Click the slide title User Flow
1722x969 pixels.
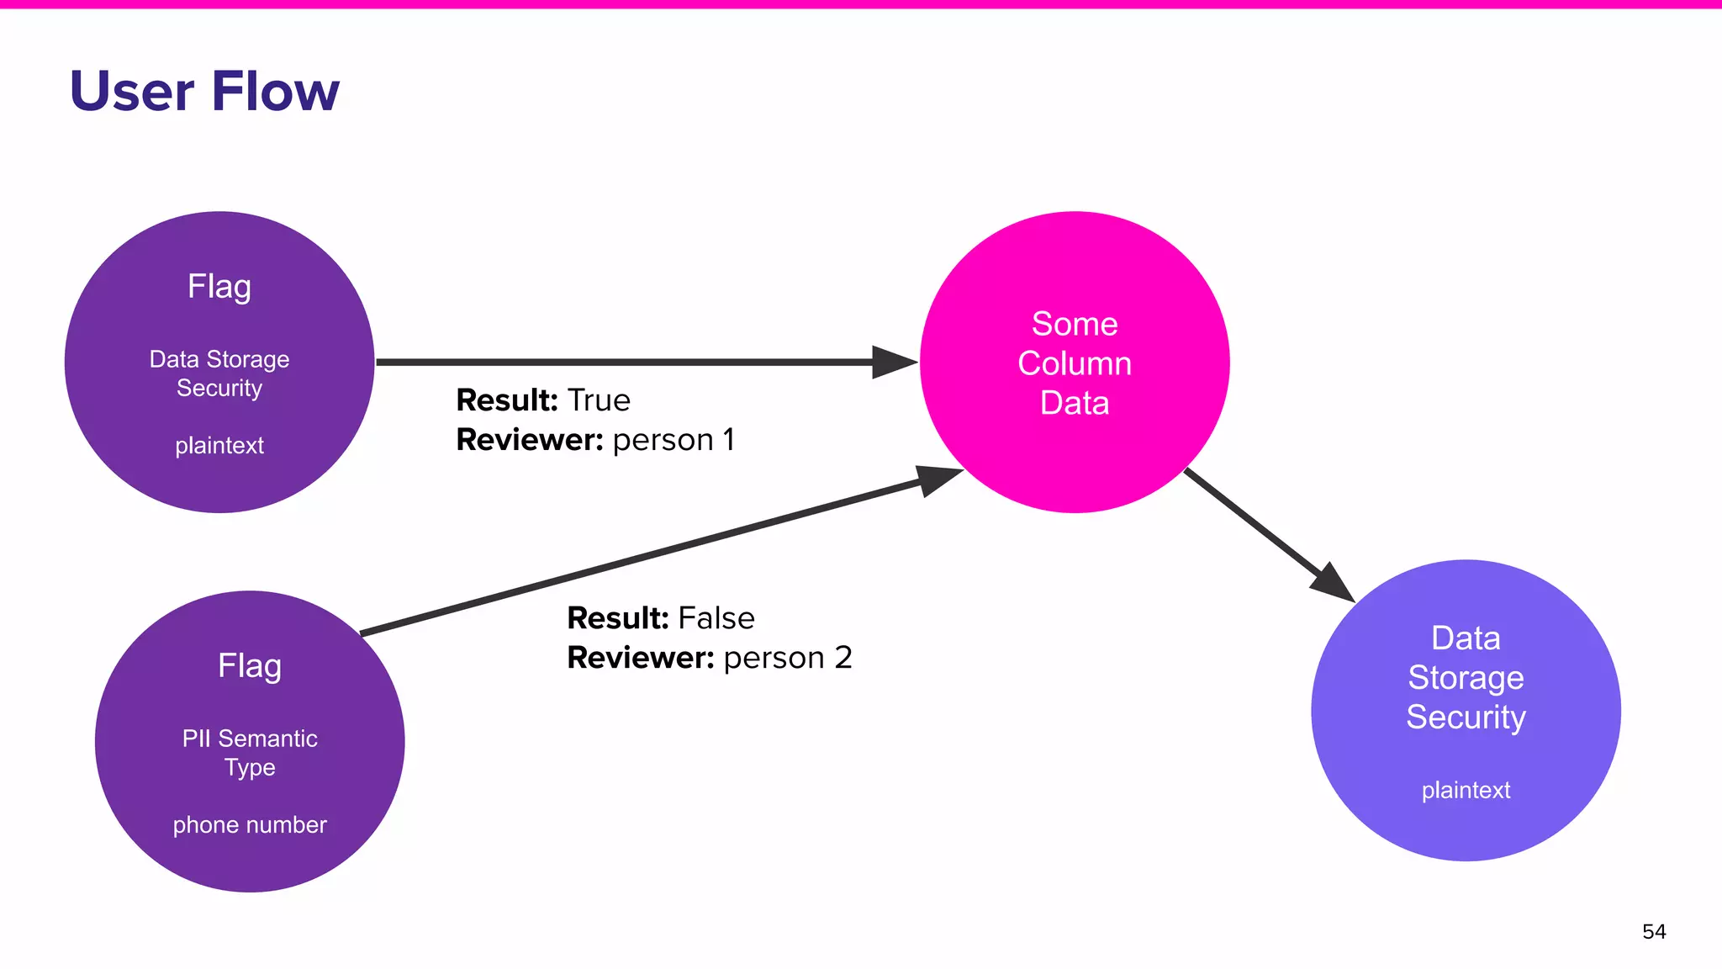(204, 91)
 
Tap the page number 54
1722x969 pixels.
(1653, 931)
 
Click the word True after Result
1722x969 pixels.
(599, 400)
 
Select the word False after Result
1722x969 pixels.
(716, 618)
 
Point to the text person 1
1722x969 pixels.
(673, 440)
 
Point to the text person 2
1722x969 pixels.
(788, 658)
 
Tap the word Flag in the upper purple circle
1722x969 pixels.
(219, 287)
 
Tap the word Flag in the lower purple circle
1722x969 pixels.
(250, 666)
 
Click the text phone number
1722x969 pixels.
(250, 825)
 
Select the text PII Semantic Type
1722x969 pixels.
(250, 753)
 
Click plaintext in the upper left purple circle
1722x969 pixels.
(219, 446)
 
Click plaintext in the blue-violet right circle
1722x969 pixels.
(1466, 791)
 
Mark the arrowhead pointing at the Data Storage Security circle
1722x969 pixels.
(1334, 584)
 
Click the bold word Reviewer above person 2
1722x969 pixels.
(640, 658)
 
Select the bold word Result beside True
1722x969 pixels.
(507, 400)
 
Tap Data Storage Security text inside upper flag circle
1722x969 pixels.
(219, 373)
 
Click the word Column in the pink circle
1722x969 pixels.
(1075, 363)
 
